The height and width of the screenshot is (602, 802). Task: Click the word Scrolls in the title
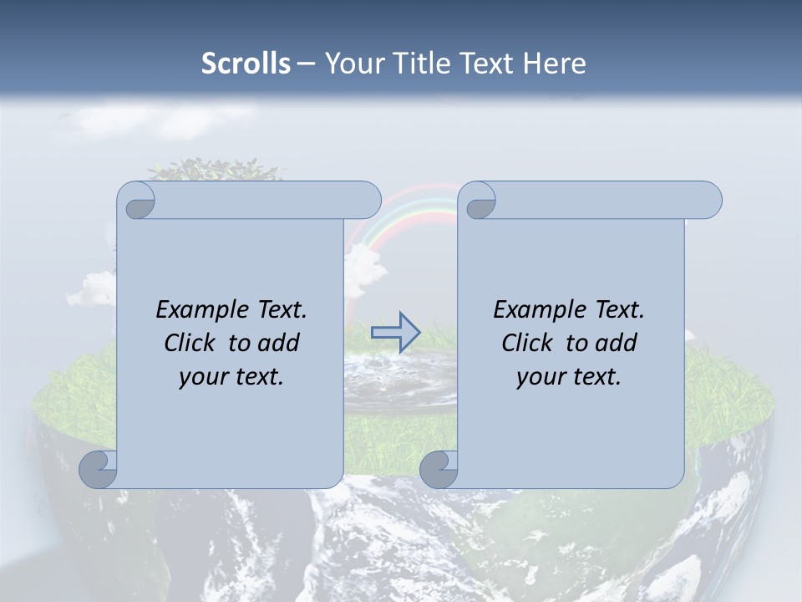click(x=246, y=63)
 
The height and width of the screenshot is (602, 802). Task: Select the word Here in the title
click(x=556, y=63)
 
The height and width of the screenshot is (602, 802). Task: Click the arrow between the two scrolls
click(x=395, y=333)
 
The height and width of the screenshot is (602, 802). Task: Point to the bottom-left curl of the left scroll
click(x=99, y=469)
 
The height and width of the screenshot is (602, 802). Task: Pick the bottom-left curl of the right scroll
click(x=439, y=469)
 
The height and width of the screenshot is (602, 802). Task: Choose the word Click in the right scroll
click(x=528, y=343)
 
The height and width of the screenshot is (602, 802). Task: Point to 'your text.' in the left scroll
click(x=231, y=376)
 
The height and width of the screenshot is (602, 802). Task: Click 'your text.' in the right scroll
click(x=569, y=376)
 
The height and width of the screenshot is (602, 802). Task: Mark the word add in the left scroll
click(x=278, y=343)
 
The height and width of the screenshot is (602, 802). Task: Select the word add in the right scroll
click(x=616, y=343)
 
